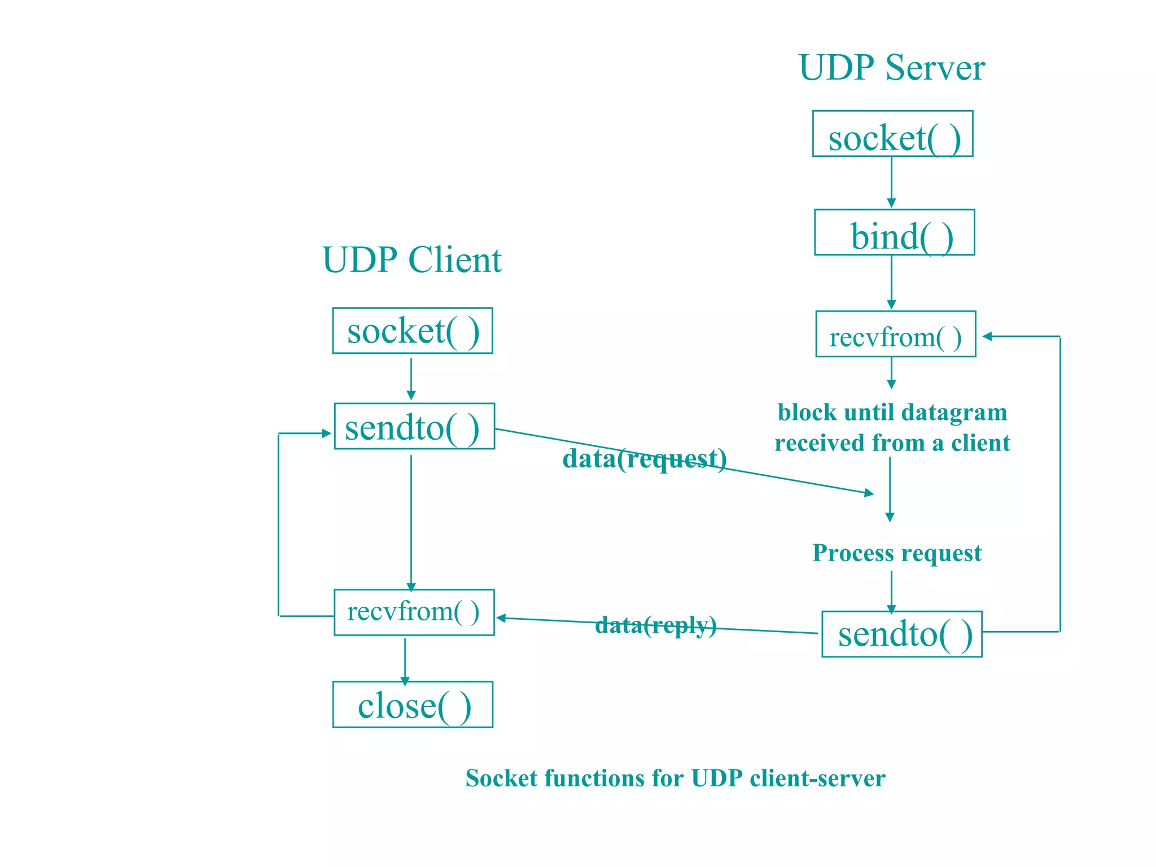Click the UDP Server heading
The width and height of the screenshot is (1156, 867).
coord(891,68)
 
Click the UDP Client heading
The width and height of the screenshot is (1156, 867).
coord(411,260)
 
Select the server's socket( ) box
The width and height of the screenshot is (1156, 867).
coord(892,134)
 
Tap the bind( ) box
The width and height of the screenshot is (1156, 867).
coord(894,233)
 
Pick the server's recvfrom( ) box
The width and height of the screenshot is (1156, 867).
coord(895,334)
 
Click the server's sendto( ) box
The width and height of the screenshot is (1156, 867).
coord(901,634)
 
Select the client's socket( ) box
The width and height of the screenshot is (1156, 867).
coord(412,331)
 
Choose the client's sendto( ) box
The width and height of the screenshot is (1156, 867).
coord(414,426)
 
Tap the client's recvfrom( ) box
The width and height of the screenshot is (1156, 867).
coord(414,612)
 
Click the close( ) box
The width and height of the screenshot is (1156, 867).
coord(413,704)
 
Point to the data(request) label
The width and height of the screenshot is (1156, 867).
coord(644,458)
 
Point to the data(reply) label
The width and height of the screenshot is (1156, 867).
coord(655,625)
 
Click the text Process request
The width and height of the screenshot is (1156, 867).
coord(896,553)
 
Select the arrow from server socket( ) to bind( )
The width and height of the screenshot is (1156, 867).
coord(891,182)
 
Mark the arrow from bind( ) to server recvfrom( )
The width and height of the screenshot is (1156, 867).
coord(891,282)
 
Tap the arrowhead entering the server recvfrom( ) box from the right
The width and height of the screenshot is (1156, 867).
coord(988,336)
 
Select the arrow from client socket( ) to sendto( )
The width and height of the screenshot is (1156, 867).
coord(411,378)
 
